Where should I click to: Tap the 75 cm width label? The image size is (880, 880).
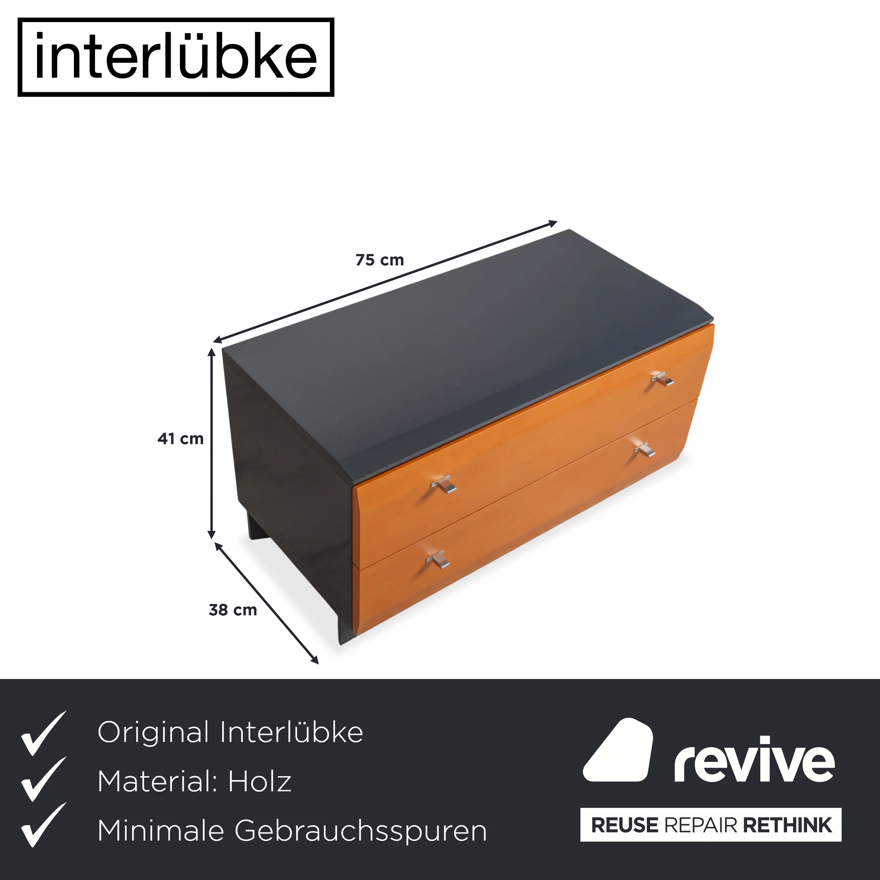380,260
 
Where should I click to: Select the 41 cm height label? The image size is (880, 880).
180,439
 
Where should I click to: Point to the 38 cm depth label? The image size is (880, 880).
233,610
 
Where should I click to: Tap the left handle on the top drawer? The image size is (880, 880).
444,484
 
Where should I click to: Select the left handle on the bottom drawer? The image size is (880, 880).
438,559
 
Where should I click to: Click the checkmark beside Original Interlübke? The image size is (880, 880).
43,733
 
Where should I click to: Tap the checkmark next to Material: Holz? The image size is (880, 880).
43,781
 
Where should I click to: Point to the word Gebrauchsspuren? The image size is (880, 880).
361,832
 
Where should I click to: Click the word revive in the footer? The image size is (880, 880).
755,759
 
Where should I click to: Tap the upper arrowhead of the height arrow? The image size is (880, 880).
211,352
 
